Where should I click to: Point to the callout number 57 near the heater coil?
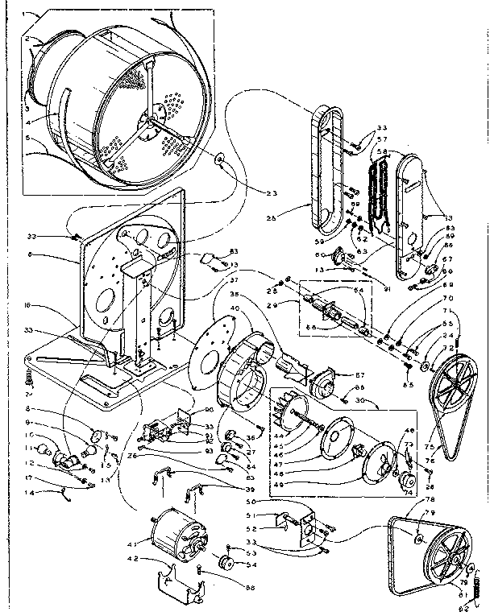tap(382, 138)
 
